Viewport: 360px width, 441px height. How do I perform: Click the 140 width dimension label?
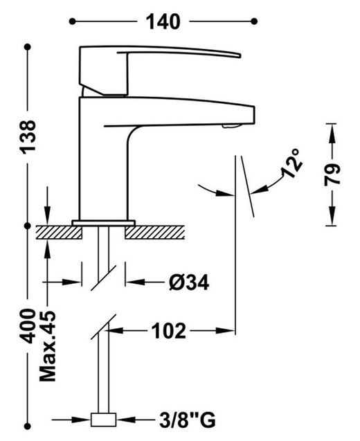click(163, 22)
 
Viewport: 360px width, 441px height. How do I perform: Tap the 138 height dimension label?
click(28, 137)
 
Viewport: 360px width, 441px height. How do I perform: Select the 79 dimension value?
click(332, 174)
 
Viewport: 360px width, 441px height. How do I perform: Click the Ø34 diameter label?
click(189, 282)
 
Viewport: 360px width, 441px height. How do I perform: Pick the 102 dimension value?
click(169, 331)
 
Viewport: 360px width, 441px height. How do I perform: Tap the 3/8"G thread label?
click(188, 420)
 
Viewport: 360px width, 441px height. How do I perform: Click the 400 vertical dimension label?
click(28, 326)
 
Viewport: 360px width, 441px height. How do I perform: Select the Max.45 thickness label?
click(48, 346)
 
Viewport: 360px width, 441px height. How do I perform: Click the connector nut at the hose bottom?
click(104, 420)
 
